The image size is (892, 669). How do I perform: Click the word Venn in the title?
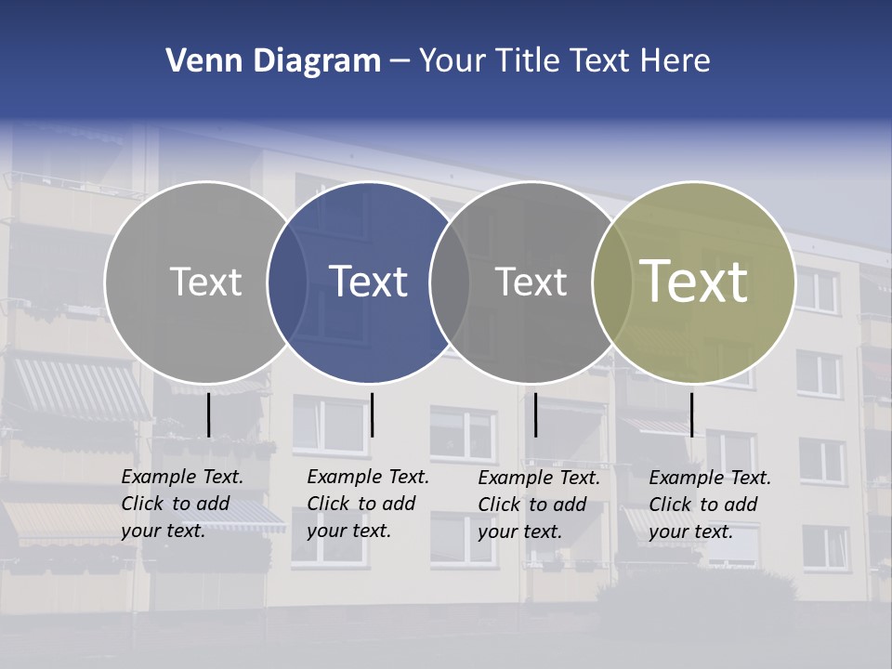pyautogui.click(x=198, y=61)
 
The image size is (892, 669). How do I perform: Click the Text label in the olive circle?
pyautogui.click(x=694, y=281)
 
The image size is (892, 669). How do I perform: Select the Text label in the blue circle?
pyautogui.click(x=369, y=281)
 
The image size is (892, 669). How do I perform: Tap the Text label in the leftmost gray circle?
pyautogui.click(x=205, y=281)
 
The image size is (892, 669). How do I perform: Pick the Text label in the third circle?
pyautogui.click(x=531, y=281)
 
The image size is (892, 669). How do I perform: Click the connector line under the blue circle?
pyautogui.click(x=372, y=414)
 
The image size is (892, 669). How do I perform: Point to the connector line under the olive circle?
pyautogui.click(x=691, y=414)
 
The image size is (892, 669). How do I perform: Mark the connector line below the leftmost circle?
pyautogui.click(x=208, y=414)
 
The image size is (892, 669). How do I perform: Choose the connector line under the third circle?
pyautogui.click(x=535, y=414)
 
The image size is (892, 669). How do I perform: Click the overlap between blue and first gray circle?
pyautogui.click(x=288, y=282)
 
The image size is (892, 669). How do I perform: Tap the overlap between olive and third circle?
pyautogui.click(x=612, y=282)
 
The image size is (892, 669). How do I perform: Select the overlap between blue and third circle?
pyautogui.click(x=450, y=282)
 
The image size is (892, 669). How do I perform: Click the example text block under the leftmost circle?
pyautogui.click(x=182, y=504)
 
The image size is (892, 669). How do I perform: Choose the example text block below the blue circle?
pyautogui.click(x=368, y=504)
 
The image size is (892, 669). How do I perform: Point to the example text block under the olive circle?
pyautogui.click(x=710, y=505)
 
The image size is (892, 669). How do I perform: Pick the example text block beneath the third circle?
pyautogui.click(x=539, y=505)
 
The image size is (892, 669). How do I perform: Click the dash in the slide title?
pyautogui.click(x=400, y=61)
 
